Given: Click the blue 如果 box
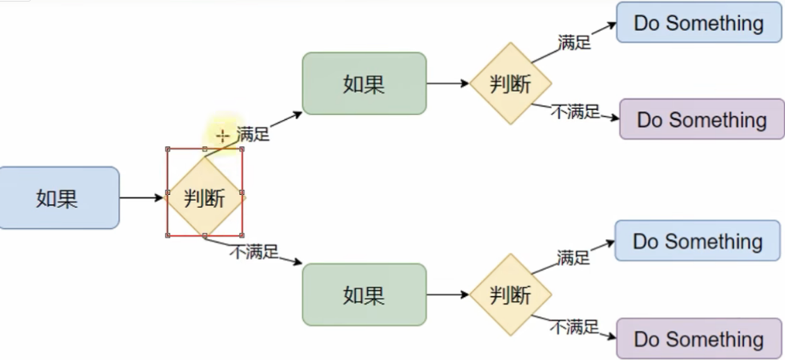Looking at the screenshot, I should click(58, 197).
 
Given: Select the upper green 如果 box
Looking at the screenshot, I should click(364, 83).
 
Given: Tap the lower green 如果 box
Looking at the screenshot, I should click(364, 294).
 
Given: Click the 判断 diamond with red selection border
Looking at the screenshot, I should click(204, 197).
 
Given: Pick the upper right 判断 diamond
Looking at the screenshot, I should click(511, 83).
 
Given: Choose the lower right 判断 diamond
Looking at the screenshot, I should click(511, 294).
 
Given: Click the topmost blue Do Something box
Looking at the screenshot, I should click(698, 23).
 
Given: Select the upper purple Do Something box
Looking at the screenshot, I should click(701, 119).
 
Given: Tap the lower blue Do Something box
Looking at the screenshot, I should click(697, 241).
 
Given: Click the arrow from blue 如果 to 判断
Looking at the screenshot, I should click(140, 197).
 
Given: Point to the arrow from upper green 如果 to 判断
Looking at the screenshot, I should click(448, 83).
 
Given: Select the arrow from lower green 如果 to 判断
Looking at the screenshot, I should click(448, 294).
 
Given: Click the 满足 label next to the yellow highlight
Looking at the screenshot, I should click(253, 134).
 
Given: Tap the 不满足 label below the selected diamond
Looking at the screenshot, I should click(254, 251).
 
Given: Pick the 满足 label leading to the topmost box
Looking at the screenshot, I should click(575, 42).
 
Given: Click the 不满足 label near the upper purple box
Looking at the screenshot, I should click(576, 111).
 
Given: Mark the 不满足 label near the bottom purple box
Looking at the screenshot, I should click(574, 326).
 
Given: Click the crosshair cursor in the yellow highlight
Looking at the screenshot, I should click(222, 136).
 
